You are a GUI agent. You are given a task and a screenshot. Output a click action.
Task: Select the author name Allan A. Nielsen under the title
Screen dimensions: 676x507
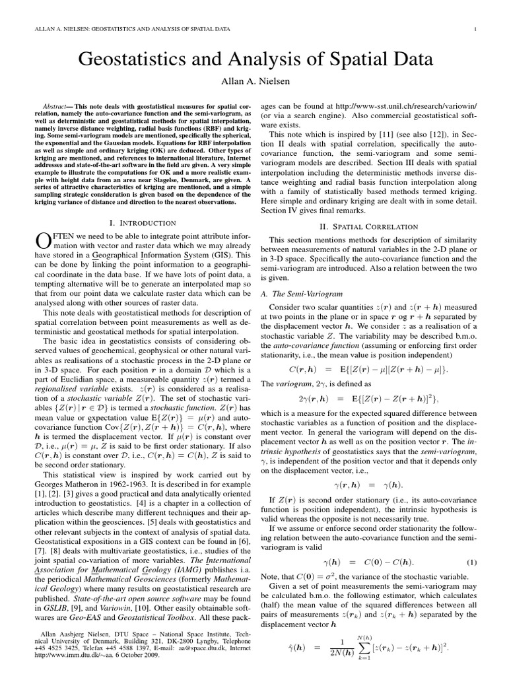click(x=253, y=83)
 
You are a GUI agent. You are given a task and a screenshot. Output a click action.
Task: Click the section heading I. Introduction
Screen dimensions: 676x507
click(x=141, y=223)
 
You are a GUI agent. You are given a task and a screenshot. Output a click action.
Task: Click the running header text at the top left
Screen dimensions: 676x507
click(x=129, y=28)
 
